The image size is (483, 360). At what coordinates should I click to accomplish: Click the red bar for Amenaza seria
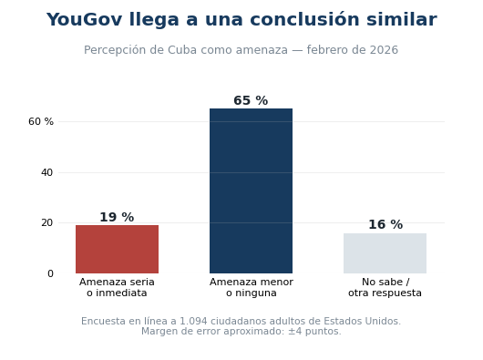point(117,249)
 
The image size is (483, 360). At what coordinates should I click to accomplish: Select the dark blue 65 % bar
point(251,190)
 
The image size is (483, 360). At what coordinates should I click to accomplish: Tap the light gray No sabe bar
point(385,253)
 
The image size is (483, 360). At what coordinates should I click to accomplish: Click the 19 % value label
point(117,217)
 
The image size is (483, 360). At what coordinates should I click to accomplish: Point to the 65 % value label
point(251,100)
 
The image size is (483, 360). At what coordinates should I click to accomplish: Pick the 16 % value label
point(385,224)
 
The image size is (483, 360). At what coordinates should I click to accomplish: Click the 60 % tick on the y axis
point(41,121)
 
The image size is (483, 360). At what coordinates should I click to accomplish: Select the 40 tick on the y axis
point(47,172)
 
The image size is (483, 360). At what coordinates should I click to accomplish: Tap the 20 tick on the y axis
point(47,222)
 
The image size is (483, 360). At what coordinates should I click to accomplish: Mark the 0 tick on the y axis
point(50,273)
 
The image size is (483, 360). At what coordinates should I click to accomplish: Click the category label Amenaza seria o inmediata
point(117,287)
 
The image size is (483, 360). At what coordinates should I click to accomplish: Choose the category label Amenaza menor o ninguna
point(251,287)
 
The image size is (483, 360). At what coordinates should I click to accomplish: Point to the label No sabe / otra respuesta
point(385,287)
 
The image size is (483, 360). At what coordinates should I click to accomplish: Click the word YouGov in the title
point(85,20)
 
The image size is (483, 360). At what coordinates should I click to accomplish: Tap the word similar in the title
point(402,20)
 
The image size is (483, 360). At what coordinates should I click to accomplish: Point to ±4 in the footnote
point(295,332)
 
